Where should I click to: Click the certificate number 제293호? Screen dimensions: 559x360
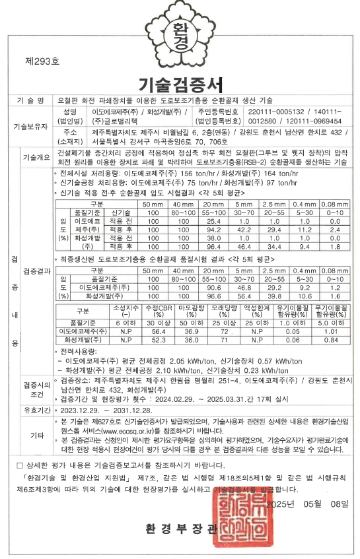[x=42, y=61]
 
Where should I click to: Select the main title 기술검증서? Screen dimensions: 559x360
[x=180, y=84]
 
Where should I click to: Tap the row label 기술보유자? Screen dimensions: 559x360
[x=31, y=123]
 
